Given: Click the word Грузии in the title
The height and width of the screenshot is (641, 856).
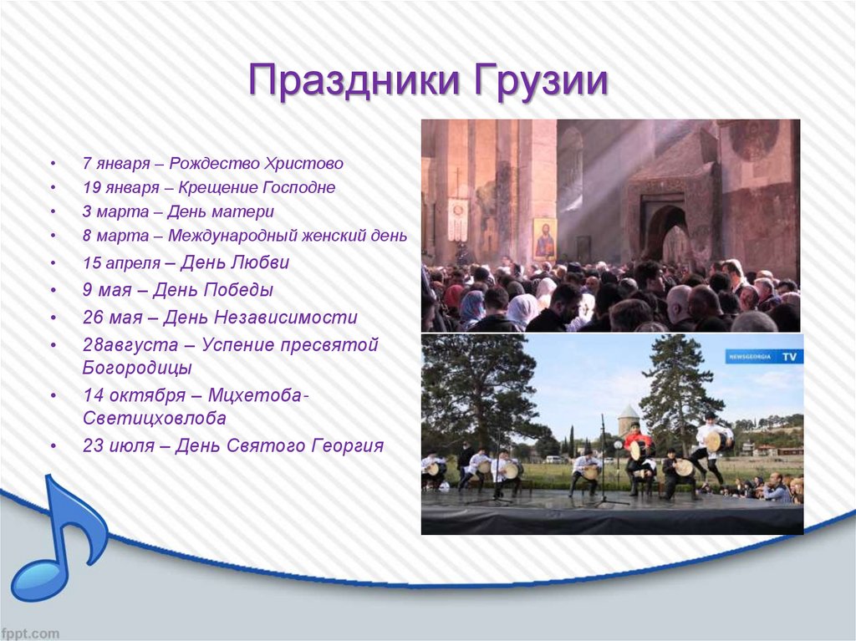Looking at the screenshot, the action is click(x=541, y=81).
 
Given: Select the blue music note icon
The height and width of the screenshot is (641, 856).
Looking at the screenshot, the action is click(x=59, y=537).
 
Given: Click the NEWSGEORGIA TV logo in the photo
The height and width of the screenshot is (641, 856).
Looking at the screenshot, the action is click(x=764, y=357).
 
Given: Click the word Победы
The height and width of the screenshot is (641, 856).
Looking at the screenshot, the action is click(x=239, y=290).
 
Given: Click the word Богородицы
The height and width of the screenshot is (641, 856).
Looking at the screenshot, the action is click(x=137, y=368).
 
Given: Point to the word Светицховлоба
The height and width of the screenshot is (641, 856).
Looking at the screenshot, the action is click(x=155, y=418).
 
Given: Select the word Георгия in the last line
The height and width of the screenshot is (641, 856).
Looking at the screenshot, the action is click(x=348, y=446).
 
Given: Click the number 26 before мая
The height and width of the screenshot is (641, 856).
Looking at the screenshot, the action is click(x=93, y=318).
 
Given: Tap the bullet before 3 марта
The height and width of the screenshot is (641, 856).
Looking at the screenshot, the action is click(x=53, y=211).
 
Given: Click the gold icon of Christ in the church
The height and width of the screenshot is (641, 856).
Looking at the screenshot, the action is click(x=544, y=239).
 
